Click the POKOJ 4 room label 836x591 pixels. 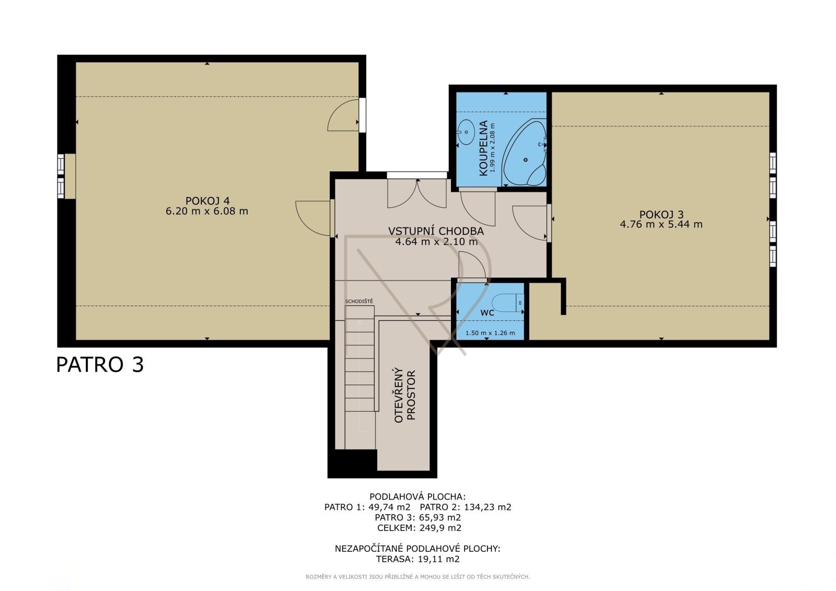pos(207,201)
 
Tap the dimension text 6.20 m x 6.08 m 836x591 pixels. pos(207,211)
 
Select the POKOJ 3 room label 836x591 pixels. pos(661,214)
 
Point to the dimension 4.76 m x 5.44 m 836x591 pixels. pos(661,224)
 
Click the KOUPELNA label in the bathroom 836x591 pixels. pos(483,148)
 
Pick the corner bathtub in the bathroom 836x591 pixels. pos(524,153)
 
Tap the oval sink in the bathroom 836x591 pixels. pos(466,132)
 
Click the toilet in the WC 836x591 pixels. pos(508,303)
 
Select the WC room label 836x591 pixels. pos(487,313)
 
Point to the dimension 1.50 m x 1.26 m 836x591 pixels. pos(490,333)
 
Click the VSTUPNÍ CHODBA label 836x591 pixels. pos(436,231)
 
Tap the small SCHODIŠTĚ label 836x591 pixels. pos(358,302)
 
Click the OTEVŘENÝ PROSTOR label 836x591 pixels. pos(405,396)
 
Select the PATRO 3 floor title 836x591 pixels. pos(100,365)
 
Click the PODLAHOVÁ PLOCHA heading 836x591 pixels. pos(417,496)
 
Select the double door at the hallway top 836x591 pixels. pos(417,193)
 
